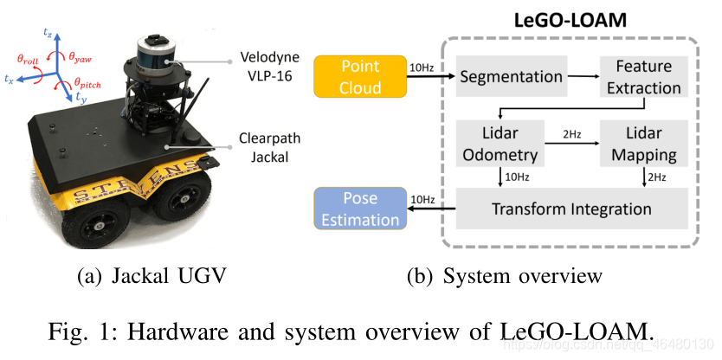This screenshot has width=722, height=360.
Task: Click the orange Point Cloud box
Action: [360, 77]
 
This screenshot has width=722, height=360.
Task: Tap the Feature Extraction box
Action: [642, 77]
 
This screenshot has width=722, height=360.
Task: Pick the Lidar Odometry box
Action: [495, 144]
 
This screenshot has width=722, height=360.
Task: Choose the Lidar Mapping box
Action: [642, 144]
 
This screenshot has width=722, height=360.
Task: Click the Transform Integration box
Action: [571, 209]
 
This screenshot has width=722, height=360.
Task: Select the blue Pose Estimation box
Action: [360, 209]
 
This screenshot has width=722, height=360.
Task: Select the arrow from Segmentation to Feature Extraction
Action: [582, 77]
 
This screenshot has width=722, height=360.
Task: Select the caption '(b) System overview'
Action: [506, 276]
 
